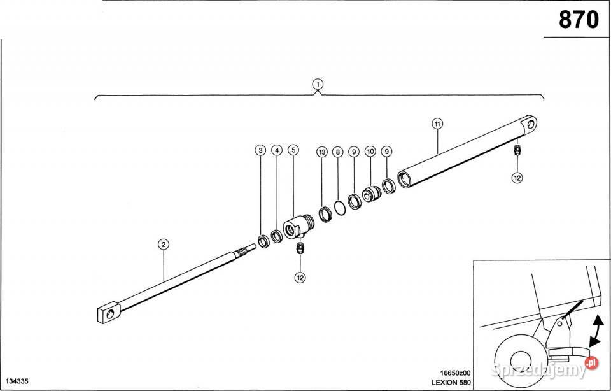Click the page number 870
coord(579,20)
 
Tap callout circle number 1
coord(318,84)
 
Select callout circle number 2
coord(164,245)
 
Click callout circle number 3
coord(260,150)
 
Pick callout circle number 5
coord(293,150)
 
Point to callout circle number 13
coord(322,152)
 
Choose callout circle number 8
coord(337,152)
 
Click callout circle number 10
coord(370,152)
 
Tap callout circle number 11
coord(438,124)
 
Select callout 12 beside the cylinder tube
coord(517,178)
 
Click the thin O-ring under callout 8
coord(340,208)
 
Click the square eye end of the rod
coord(108,313)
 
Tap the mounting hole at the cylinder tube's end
coord(531,124)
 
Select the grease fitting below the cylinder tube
coord(517,150)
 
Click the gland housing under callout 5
coord(298,227)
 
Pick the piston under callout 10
coord(372,194)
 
